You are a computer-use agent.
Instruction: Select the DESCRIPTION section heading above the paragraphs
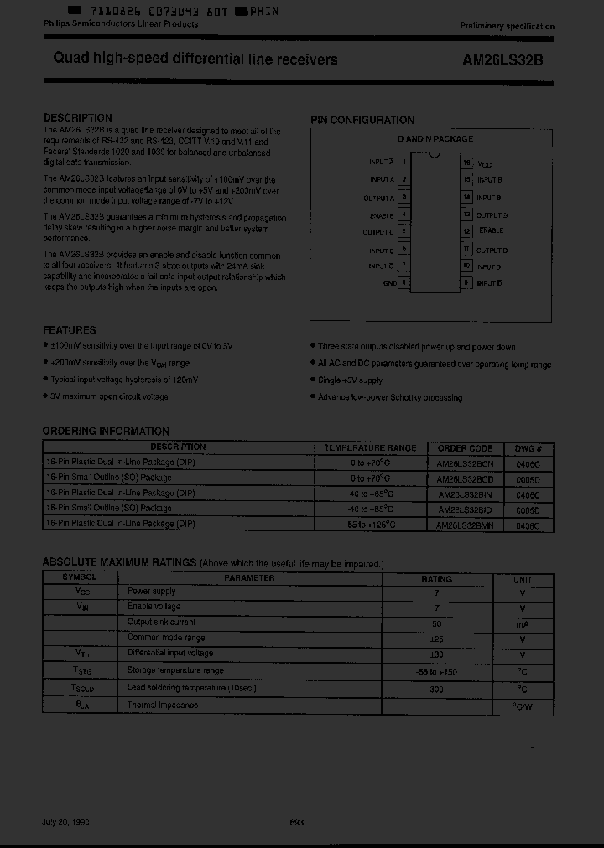[77, 118]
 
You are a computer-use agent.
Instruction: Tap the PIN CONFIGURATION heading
[362, 121]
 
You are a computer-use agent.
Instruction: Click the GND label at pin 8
[390, 283]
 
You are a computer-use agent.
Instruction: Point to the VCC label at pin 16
[484, 165]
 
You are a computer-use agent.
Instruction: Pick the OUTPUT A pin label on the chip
[378, 198]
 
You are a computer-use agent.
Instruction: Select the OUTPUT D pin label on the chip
[492, 251]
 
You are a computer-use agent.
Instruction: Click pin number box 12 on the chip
[467, 231]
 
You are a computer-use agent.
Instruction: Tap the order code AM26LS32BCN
[466, 463]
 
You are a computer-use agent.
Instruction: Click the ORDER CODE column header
[465, 447]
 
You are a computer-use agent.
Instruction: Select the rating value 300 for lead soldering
[435, 689]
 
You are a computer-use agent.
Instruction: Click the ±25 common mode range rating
[435, 639]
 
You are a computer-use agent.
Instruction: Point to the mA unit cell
[522, 623]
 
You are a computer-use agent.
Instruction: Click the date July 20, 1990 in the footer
[65, 822]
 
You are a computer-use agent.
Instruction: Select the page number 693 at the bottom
[295, 822]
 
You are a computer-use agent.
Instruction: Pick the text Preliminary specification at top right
[507, 26]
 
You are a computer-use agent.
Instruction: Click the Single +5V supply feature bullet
[351, 380]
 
